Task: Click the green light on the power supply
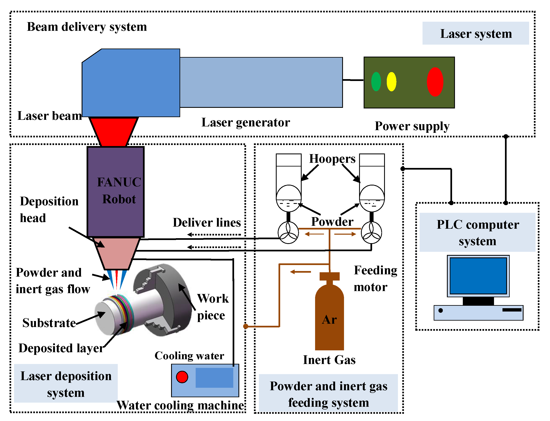[x=376, y=81]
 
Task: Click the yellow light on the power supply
[x=391, y=81]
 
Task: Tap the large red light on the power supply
[x=435, y=82]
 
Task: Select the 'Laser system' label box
[x=476, y=33]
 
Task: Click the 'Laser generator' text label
[x=246, y=122]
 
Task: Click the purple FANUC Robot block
[x=115, y=192]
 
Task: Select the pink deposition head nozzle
[x=116, y=253]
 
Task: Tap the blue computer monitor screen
[x=478, y=276]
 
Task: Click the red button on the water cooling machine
[x=182, y=377]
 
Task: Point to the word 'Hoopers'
[x=332, y=159]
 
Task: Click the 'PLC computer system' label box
[x=477, y=232]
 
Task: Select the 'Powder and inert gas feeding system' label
[x=328, y=394]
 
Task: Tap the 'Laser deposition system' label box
[x=66, y=383]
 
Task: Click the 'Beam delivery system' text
[x=87, y=27]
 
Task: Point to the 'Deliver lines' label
[x=207, y=222]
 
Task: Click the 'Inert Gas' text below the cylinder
[x=329, y=360]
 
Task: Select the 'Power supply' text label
[x=412, y=126]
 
